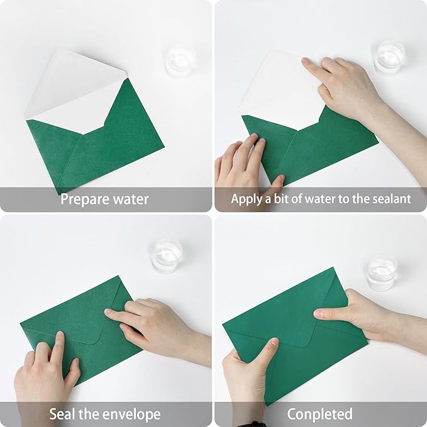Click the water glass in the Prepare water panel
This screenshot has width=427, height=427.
[180, 60]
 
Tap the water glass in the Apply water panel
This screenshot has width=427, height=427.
[389, 58]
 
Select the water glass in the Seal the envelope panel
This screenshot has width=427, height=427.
[167, 255]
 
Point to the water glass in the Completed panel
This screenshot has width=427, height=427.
[382, 272]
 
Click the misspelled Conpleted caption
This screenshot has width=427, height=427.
[319, 414]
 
